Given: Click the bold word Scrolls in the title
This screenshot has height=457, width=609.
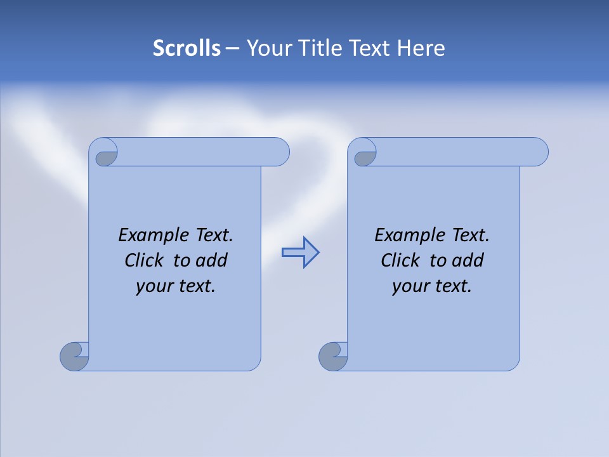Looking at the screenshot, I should tap(187, 48).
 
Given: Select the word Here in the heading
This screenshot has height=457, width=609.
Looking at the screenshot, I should tap(421, 48).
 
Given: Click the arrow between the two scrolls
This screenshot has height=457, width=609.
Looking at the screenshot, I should tap(300, 253).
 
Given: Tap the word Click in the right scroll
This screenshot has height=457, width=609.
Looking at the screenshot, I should tap(400, 260).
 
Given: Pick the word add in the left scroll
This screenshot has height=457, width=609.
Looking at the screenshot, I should tap(212, 260).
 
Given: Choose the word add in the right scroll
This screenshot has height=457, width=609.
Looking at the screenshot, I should tap(468, 260).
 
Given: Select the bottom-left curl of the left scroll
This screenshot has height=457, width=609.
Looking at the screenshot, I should tap(74, 356).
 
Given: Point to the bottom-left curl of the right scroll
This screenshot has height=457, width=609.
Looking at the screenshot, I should tap(333, 356).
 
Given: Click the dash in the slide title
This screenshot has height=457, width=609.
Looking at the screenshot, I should tap(232, 48).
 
